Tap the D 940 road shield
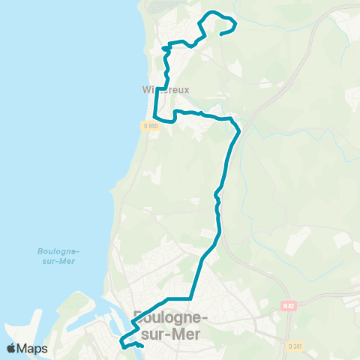click(151, 125)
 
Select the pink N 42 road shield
click(289, 306)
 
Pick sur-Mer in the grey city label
click(169, 334)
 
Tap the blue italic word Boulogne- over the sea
click(58, 251)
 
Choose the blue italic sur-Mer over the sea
click(58, 264)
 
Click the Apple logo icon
click(11, 349)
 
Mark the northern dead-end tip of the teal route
click(221, 32)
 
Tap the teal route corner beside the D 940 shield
click(155, 118)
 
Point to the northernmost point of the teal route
click(214, 12)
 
